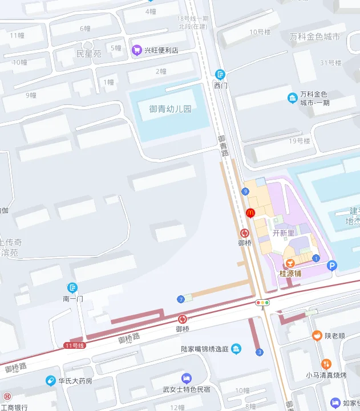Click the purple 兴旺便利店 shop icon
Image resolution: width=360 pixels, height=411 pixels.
coord(136,50)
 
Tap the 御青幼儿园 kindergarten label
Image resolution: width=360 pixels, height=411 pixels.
coord(171,108)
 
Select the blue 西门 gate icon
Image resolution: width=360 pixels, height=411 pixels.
coord(220,74)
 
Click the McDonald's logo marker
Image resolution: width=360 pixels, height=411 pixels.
coord(249,213)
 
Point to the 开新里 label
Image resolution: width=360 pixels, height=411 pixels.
coord(283,233)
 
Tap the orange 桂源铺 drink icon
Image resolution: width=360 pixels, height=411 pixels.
coord(290,263)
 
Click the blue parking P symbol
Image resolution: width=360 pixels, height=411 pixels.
coord(331,266)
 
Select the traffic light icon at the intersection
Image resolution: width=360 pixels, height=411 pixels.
coord(263,303)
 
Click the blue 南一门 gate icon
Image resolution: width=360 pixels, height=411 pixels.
coord(72,287)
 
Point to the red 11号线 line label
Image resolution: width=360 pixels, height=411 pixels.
coord(74,345)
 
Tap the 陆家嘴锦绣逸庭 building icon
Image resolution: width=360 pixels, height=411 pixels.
coord(236,349)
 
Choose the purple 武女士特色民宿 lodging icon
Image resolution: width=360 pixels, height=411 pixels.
coord(186,378)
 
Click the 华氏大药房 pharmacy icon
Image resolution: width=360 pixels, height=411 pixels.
coord(51,380)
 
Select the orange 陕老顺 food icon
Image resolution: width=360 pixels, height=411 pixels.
coord(316,335)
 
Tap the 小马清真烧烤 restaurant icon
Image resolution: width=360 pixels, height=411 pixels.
coord(326,364)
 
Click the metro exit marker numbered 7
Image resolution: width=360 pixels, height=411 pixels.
coord(181,299)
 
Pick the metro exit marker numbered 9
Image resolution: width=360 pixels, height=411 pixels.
coord(245,191)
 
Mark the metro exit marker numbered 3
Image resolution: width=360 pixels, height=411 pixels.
coord(260,352)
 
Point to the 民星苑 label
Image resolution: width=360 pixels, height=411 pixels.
coord(88,54)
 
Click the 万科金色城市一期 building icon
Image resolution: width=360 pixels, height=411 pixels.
coord(292,98)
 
